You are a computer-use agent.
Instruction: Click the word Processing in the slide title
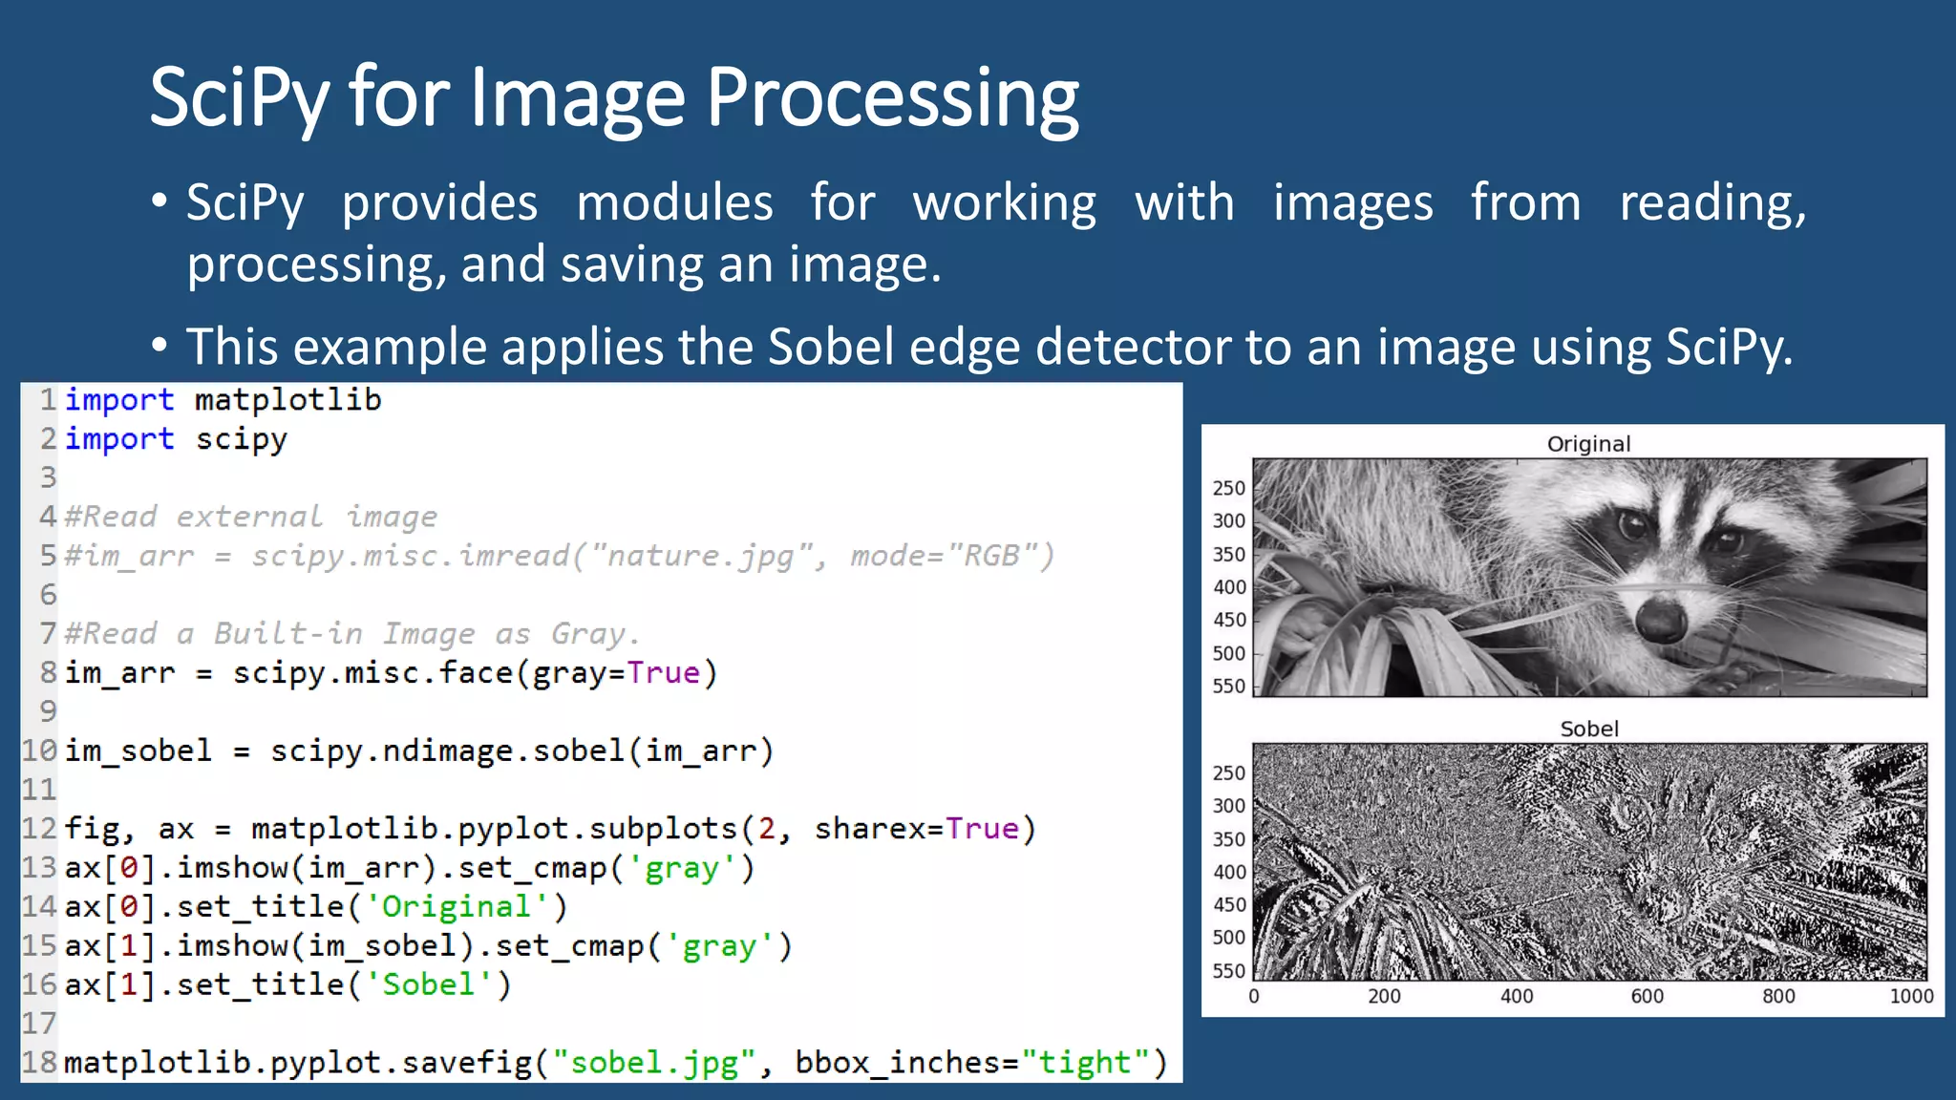coord(892,99)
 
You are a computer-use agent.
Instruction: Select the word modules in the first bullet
coord(674,203)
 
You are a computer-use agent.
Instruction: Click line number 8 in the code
coord(48,672)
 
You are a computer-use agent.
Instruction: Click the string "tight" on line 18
coord(1085,1063)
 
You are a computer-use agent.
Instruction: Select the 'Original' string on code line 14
coord(457,906)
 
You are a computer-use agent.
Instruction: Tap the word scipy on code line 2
coord(241,439)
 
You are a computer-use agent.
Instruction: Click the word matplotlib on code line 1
coord(287,400)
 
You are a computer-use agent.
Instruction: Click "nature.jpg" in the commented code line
coord(702,556)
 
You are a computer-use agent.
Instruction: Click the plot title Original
coord(1588,444)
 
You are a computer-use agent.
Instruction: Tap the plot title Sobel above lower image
coord(1589,729)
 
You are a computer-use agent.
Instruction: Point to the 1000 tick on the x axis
coord(1911,997)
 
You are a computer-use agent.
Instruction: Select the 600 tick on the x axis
coord(1647,997)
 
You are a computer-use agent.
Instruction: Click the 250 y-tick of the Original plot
coord(1229,488)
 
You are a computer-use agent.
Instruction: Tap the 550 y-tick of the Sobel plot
coord(1229,971)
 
